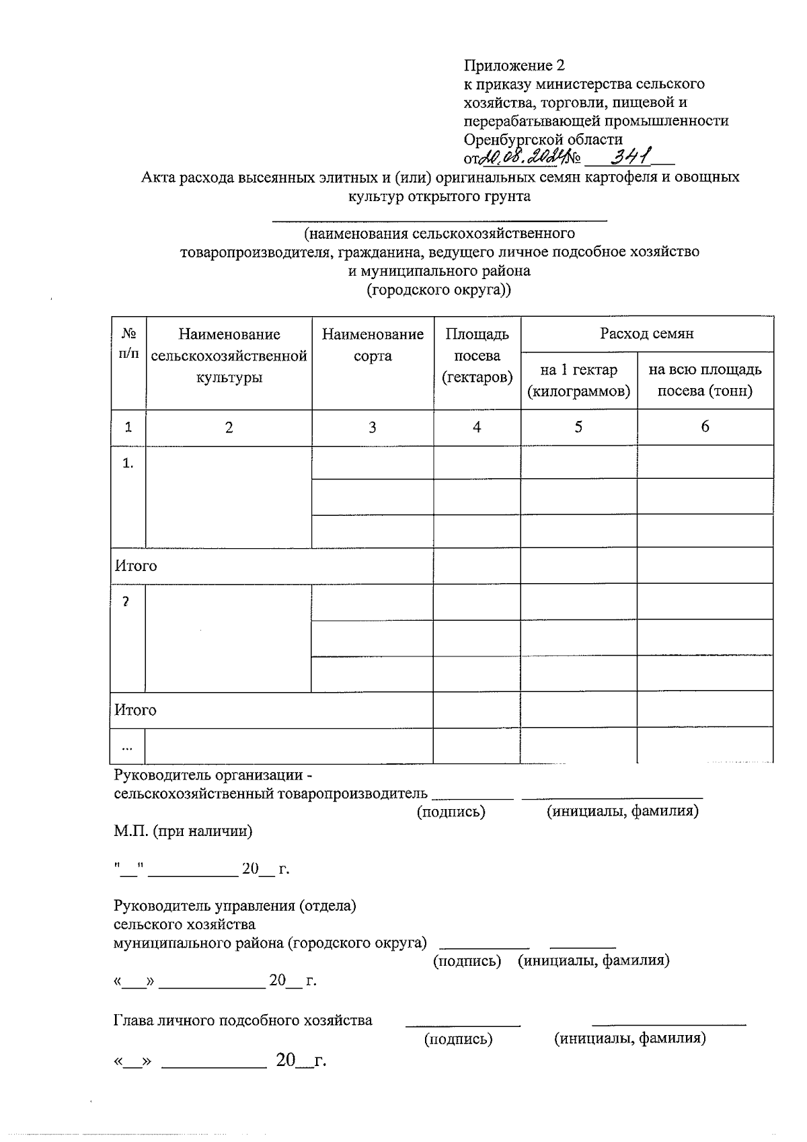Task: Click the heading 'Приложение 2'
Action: pyautogui.click(x=514, y=65)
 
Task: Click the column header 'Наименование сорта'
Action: pyautogui.click(x=373, y=345)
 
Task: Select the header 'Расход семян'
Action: pyautogui.click(x=646, y=333)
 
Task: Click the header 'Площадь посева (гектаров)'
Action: pyautogui.click(x=477, y=355)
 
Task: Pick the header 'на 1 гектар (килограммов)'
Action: pyautogui.click(x=578, y=380)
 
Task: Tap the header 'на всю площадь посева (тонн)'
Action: pyautogui.click(x=705, y=380)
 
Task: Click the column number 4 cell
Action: pyautogui.click(x=477, y=427)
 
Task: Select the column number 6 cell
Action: pyautogui.click(x=705, y=426)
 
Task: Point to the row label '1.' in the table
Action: pyautogui.click(x=128, y=463)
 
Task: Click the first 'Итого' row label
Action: pyautogui.click(x=136, y=566)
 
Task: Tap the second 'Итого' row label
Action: pyautogui.click(x=135, y=710)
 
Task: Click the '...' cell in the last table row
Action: pyautogui.click(x=127, y=747)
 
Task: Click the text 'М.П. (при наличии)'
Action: pyautogui.click(x=183, y=831)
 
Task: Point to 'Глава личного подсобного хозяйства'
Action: pyautogui.click(x=243, y=1020)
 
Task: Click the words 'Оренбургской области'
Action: pyautogui.click(x=543, y=139)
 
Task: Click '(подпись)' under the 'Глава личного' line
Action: pyautogui.click(x=458, y=1039)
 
